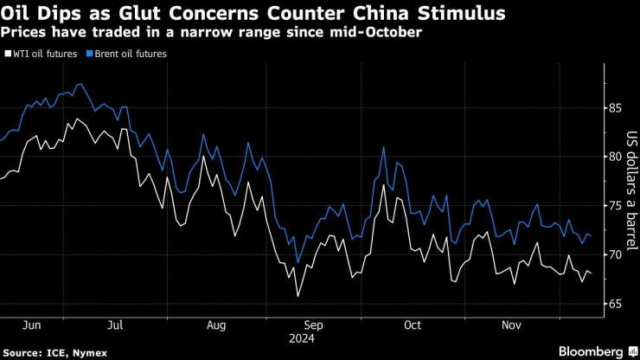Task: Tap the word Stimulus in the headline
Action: coord(457,14)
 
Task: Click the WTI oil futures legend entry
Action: coord(45,54)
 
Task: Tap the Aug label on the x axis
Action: coord(216,325)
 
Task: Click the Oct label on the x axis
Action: coord(413,325)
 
